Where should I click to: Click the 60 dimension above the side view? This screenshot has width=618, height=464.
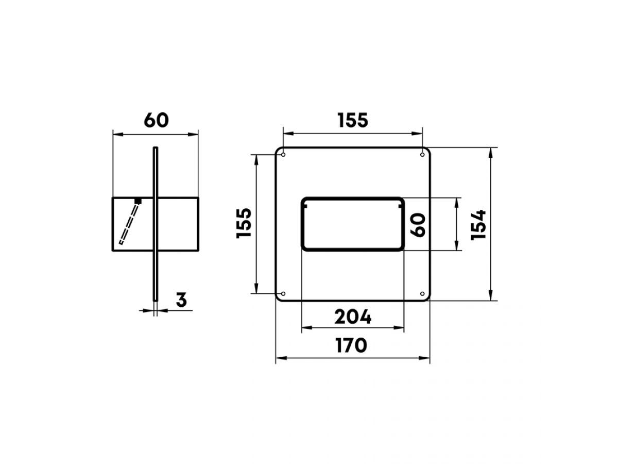pos(156,120)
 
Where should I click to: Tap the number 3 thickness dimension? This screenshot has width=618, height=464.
pos(181,300)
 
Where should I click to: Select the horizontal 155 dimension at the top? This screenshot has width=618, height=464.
pos(353,120)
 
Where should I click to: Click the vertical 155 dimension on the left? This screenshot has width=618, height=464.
pos(244,223)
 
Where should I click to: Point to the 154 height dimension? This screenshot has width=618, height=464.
pos(478,225)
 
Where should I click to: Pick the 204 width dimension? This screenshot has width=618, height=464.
pos(353,317)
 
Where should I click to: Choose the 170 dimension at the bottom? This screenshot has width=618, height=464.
pos(352,345)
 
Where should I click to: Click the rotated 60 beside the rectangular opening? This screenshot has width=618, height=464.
pos(418,225)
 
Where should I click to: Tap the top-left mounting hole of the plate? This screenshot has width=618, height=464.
pos(283,155)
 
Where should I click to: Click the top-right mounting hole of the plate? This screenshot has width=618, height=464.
pos(422,155)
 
